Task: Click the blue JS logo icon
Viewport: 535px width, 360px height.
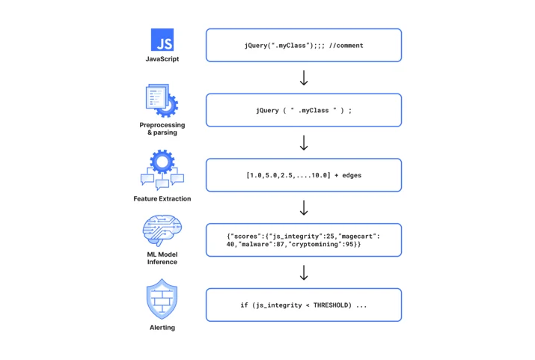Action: click(x=162, y=40)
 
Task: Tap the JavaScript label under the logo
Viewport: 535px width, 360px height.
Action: click(x=162, y=58)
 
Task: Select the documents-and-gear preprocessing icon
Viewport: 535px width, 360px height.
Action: click(x=162, y=100)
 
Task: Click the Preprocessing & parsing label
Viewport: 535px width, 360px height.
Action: click(x=162, y=129)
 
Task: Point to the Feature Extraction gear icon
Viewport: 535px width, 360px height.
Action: click(x=162, y=170)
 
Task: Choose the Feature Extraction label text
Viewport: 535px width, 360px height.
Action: click(x=162, y=198)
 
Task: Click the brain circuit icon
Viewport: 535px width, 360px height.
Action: click(x=162, y=231)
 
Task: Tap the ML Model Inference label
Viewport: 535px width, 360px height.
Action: click(x=162, y=258)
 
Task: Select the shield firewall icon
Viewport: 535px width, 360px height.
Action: click(x=162, y=299)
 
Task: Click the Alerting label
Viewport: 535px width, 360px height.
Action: click(x=162, y=328)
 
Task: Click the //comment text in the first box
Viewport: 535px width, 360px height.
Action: click(x=346, y=46)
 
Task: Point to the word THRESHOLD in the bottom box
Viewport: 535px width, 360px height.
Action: click(x=332, y=305)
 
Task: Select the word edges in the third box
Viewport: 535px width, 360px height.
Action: click(x=352, y=175)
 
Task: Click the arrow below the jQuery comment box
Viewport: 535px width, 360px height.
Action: click(x=304, y=78)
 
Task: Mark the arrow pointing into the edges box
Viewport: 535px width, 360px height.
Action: click(x=304, y=143)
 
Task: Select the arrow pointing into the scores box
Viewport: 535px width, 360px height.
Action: click(x=304, y=207)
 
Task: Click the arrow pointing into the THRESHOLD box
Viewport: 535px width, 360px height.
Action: click(x=304, y=272)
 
